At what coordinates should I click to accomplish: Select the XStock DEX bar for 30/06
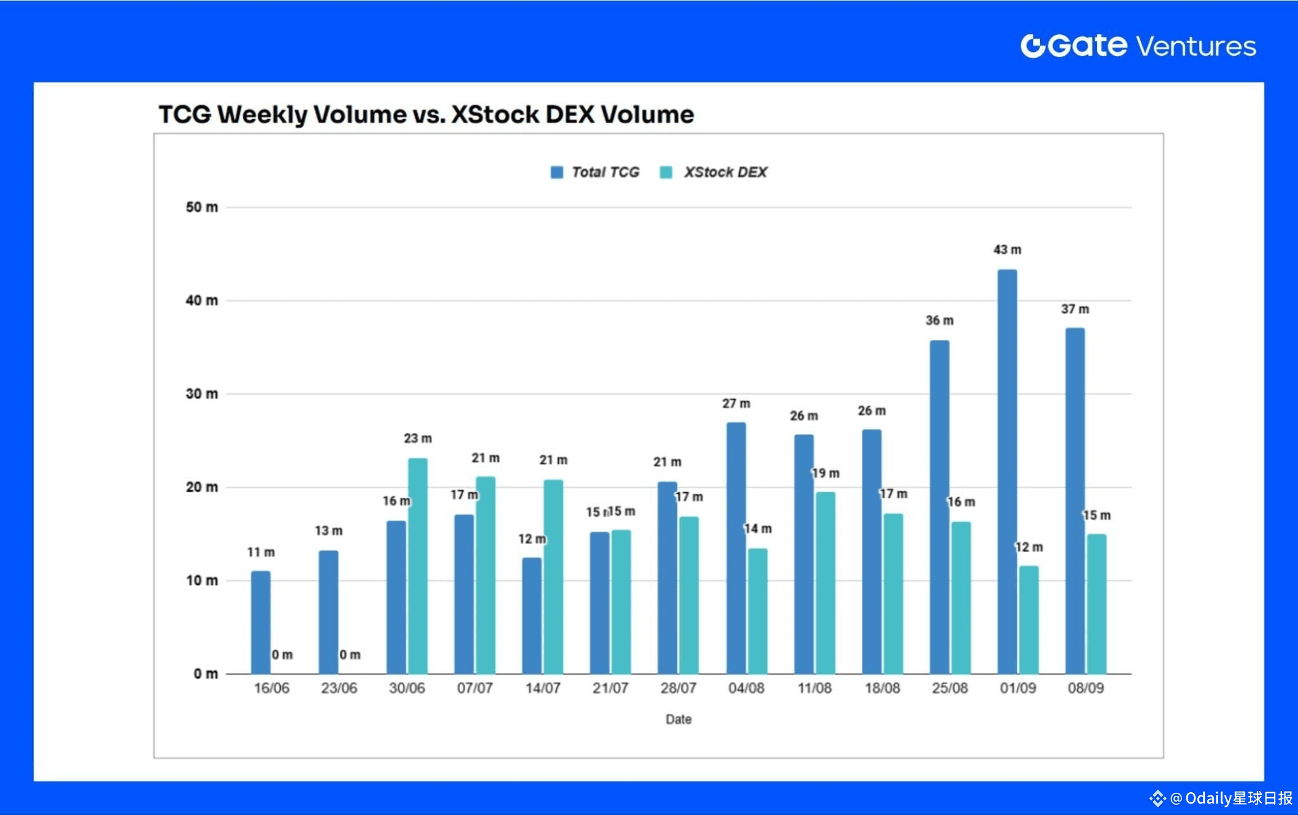point(418,566)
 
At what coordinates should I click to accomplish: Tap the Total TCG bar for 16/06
point(260,622)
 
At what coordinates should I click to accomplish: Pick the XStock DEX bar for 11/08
point(825,583)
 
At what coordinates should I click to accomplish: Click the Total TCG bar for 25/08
point(939,507)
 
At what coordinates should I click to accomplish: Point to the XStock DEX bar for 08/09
point(1096,604)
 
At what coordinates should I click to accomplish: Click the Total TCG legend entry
point(595,173)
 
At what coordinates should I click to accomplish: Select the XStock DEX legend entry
point(714,173)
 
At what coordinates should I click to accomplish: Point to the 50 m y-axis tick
point(202,207)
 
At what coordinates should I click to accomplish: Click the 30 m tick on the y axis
point(202,394)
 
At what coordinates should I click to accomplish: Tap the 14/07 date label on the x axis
point(543,688)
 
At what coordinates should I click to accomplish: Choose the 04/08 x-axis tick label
point(746,688)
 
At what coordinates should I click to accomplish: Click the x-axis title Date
point(678,719)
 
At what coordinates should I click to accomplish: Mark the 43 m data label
point(1007,250)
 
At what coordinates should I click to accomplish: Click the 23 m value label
point(418,438)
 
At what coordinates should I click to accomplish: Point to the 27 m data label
point(736,403)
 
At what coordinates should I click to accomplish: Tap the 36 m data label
point(939,321)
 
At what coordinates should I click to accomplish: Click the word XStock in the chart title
point(492,115)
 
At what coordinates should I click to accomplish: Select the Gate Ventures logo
point(1138,46)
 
